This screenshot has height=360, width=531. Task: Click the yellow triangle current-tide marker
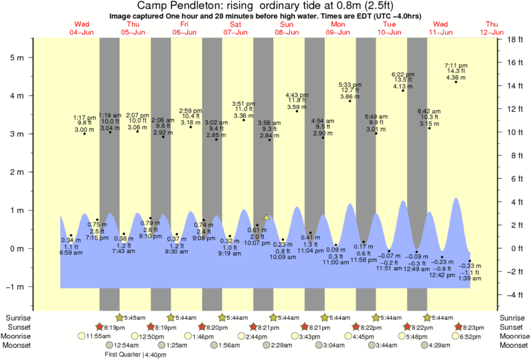[267, 217]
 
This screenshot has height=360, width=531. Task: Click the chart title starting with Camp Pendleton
[264, 5]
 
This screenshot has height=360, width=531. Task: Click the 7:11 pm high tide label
[456, 65]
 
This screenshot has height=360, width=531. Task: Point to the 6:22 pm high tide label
[403, 74]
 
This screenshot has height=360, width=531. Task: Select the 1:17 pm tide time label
[84, 117]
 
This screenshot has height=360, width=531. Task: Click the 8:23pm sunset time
[471, 327]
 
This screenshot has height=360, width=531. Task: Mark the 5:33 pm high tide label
[350, 85]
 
